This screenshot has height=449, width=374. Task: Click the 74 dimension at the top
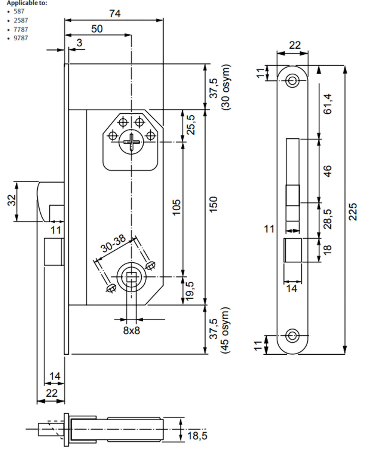[x=115, y=13]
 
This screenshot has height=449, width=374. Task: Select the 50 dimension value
[x=96, y=29]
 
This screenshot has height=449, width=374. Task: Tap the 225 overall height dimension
[x=352, y=212]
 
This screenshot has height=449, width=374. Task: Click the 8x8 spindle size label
[x=131, y=330]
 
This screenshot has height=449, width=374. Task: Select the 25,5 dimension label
[x=191, y=125]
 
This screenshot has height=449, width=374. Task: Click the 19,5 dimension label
[x=191, y=290]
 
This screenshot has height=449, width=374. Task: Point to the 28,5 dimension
[x=328, y=219]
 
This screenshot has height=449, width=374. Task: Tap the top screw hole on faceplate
[x=292, y=80]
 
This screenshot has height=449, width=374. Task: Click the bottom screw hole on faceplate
[x=292, y=336]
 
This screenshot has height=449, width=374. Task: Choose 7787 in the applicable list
[x=21, y=29]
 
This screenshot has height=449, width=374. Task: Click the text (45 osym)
[x=227, y=330]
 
